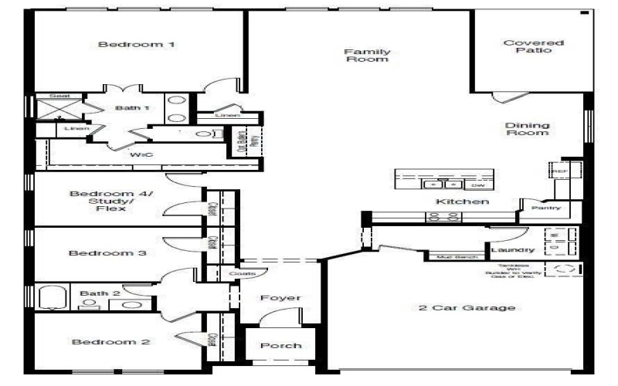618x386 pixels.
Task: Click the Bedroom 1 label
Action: coord(136,45)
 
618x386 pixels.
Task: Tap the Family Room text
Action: coord(367,56)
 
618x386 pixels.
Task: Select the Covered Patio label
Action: coord(523,47)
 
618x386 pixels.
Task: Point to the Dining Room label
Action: coord(528,129)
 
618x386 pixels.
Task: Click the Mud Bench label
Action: coord(453,256)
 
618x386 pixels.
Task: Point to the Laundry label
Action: coord(512,250)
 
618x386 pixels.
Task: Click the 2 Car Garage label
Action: coord(467,308)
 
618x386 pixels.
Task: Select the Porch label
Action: coord(280,345)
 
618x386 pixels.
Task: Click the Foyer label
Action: coord(280,298)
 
